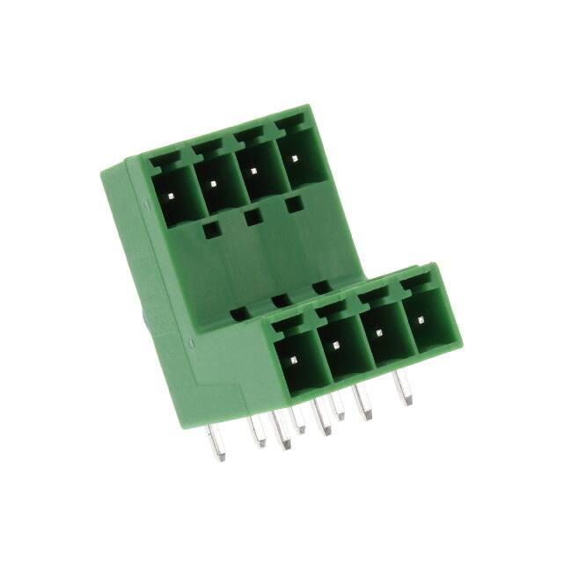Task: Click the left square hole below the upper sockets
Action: (210, 230)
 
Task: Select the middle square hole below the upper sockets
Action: (253, 217)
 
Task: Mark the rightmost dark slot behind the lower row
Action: (321, 286)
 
